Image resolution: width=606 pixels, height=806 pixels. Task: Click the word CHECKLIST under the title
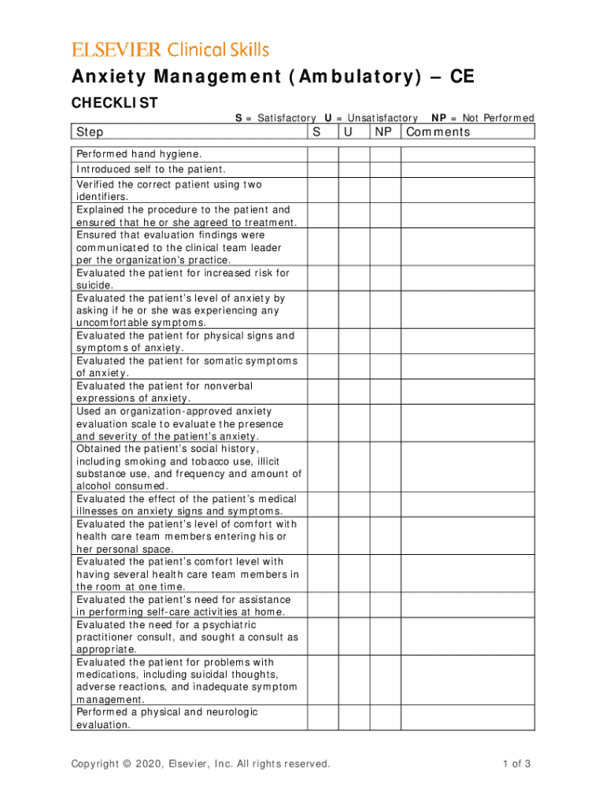[115, 103]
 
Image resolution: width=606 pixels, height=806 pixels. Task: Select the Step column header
[90, 132]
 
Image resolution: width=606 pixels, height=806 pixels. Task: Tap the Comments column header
[438, 132]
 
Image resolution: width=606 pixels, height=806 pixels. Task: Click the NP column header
[383, 132]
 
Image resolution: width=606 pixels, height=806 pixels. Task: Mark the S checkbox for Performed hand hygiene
[323, 153]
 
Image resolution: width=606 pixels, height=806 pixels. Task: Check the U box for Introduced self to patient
[354, 169]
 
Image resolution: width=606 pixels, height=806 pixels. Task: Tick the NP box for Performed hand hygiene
[386, 153]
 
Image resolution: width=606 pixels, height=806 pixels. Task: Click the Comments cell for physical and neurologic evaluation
[467, 718]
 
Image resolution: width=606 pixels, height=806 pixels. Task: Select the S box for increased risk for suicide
[323, 279]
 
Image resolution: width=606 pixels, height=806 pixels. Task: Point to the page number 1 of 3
[515, 763]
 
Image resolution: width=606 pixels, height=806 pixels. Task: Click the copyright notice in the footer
[201, 763]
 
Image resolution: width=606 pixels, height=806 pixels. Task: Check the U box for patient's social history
[354, 467]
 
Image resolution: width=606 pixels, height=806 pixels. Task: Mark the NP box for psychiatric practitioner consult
[386, 636]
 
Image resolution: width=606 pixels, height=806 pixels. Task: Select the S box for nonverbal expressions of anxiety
[323, 392]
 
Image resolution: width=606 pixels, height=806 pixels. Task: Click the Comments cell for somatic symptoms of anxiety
[467, 367]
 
